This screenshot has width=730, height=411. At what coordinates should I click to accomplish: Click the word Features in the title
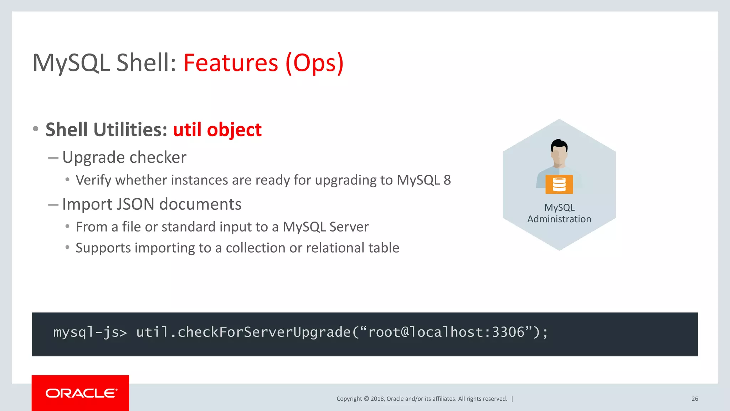(231, 63)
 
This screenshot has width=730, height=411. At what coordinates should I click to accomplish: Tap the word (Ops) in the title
(314, 63)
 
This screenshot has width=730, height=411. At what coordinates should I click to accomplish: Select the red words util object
(217, 130)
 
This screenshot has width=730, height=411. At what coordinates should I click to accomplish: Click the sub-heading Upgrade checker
(124, 157)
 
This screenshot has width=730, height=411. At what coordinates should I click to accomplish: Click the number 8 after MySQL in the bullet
(447, 180)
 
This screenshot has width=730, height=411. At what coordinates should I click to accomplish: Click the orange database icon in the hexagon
(559, 184)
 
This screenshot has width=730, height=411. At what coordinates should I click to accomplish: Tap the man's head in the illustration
(559, 151)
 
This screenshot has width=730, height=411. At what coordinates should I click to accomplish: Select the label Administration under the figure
(559, 219)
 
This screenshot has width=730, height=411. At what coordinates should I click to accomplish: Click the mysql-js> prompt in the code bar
(90, 333)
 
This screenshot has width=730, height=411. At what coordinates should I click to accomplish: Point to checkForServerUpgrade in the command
(264, 333)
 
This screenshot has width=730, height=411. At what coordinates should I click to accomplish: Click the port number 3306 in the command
(508, 333)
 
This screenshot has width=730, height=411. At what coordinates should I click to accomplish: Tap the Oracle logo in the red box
(81, 393)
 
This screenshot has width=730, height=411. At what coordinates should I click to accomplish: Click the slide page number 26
(695, 399)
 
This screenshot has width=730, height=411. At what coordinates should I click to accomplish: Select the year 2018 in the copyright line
(377, 399)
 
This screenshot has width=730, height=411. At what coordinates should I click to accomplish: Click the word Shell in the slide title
(146, 63)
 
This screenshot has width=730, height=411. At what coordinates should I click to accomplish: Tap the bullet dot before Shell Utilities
(35, 129)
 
